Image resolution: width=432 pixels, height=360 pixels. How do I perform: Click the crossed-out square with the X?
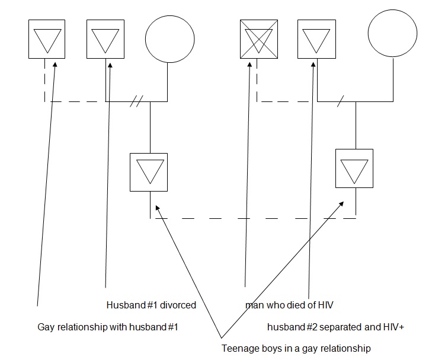tap(258, 39)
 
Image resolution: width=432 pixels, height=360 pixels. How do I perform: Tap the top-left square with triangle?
tap(47, 39)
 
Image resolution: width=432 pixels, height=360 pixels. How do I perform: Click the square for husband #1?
tap(105, 39)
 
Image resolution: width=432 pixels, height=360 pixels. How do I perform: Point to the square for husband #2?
tap(316, 39)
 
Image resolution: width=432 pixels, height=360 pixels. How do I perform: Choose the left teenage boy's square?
tap(149, 172)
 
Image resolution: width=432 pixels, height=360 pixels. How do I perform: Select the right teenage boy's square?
tap(354, 167)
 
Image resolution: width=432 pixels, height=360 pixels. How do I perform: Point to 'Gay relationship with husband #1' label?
tap(108, 327)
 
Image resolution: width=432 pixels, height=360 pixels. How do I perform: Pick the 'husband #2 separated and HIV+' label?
tap(335, 327)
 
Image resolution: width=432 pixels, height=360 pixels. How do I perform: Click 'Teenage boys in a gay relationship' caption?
tap(296, 348)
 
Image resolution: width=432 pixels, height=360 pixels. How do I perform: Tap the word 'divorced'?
tap(180, 305)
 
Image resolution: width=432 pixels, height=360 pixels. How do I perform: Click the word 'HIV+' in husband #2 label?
tap(394, 327)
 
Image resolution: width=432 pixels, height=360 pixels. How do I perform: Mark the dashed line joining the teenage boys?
tap(255, 218)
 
